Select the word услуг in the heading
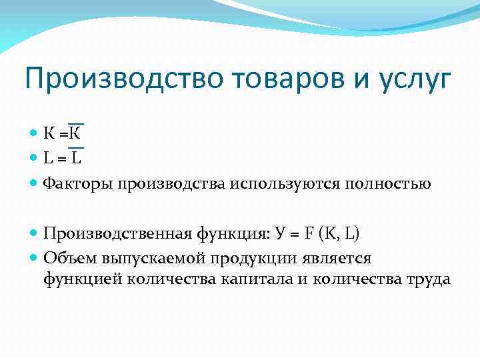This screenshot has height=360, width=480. [413, 80]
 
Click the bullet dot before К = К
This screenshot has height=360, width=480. [35, 133]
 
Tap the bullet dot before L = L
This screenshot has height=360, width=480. [35, 158]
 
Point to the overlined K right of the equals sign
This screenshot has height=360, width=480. [76, 133]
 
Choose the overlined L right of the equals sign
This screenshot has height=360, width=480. [77, 158]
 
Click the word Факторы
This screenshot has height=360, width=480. [78, 183]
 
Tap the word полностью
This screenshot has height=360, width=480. [393, 183]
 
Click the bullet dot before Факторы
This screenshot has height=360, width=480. [35, 183]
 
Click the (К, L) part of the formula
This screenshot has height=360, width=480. [339, 233]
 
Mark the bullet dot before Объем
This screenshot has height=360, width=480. [35, 258]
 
